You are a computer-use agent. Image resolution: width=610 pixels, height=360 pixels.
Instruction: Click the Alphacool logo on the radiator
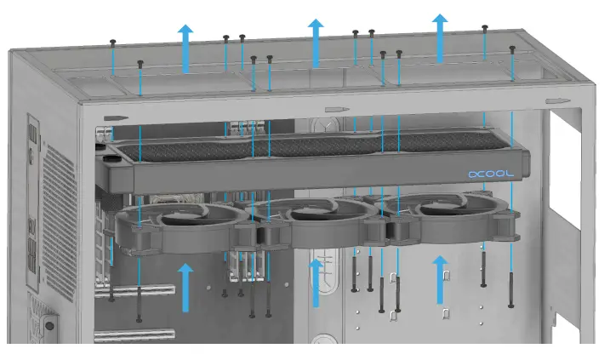coord(491,173)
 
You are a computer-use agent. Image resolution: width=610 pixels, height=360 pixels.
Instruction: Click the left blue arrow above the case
coord(185,46)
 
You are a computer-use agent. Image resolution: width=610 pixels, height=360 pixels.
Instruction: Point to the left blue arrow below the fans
coord(185,287)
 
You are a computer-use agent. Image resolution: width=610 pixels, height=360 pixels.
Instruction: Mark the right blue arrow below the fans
coord(440,279)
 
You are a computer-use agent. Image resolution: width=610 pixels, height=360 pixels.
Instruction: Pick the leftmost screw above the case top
coord(112,42)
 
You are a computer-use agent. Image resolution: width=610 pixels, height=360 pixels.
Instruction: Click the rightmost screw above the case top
coord(512,49)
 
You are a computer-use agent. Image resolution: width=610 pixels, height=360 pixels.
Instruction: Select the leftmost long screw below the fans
coord(111,272)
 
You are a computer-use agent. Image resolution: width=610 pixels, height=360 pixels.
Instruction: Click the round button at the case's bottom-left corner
coord(48,324)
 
